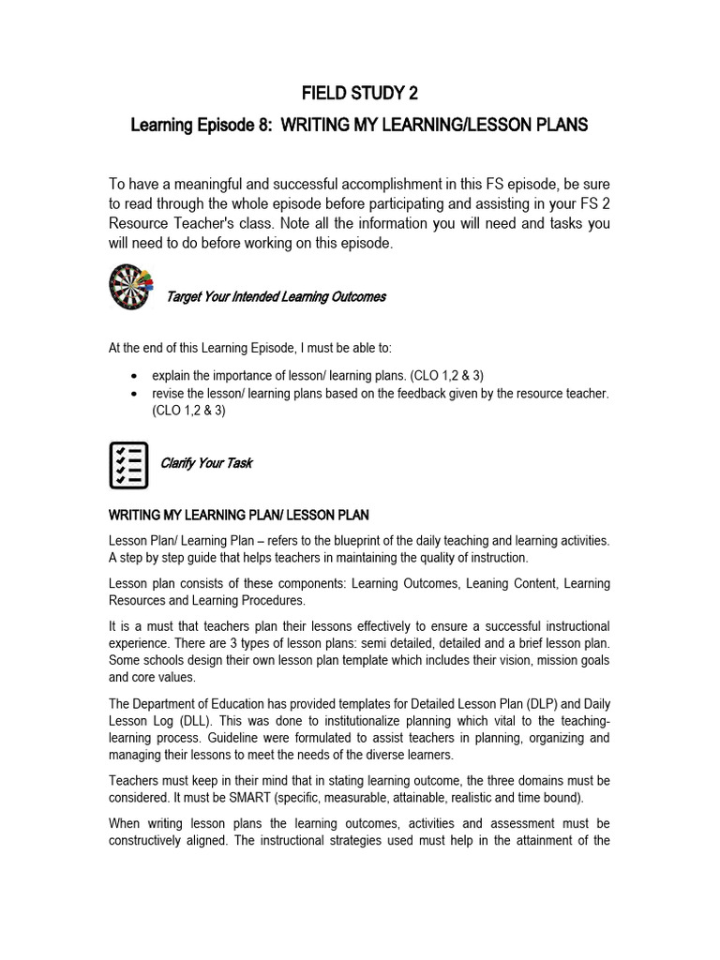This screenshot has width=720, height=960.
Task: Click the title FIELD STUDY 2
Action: [x=359, y=93]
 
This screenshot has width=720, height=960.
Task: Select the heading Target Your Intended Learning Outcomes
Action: [x=276, y=297]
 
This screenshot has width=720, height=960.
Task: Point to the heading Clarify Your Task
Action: [x=206, y=463]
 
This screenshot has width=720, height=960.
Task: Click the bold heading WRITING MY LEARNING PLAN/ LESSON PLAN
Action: [x=239, y=515]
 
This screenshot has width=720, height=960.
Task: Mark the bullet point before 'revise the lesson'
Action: [x=138, y=394]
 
